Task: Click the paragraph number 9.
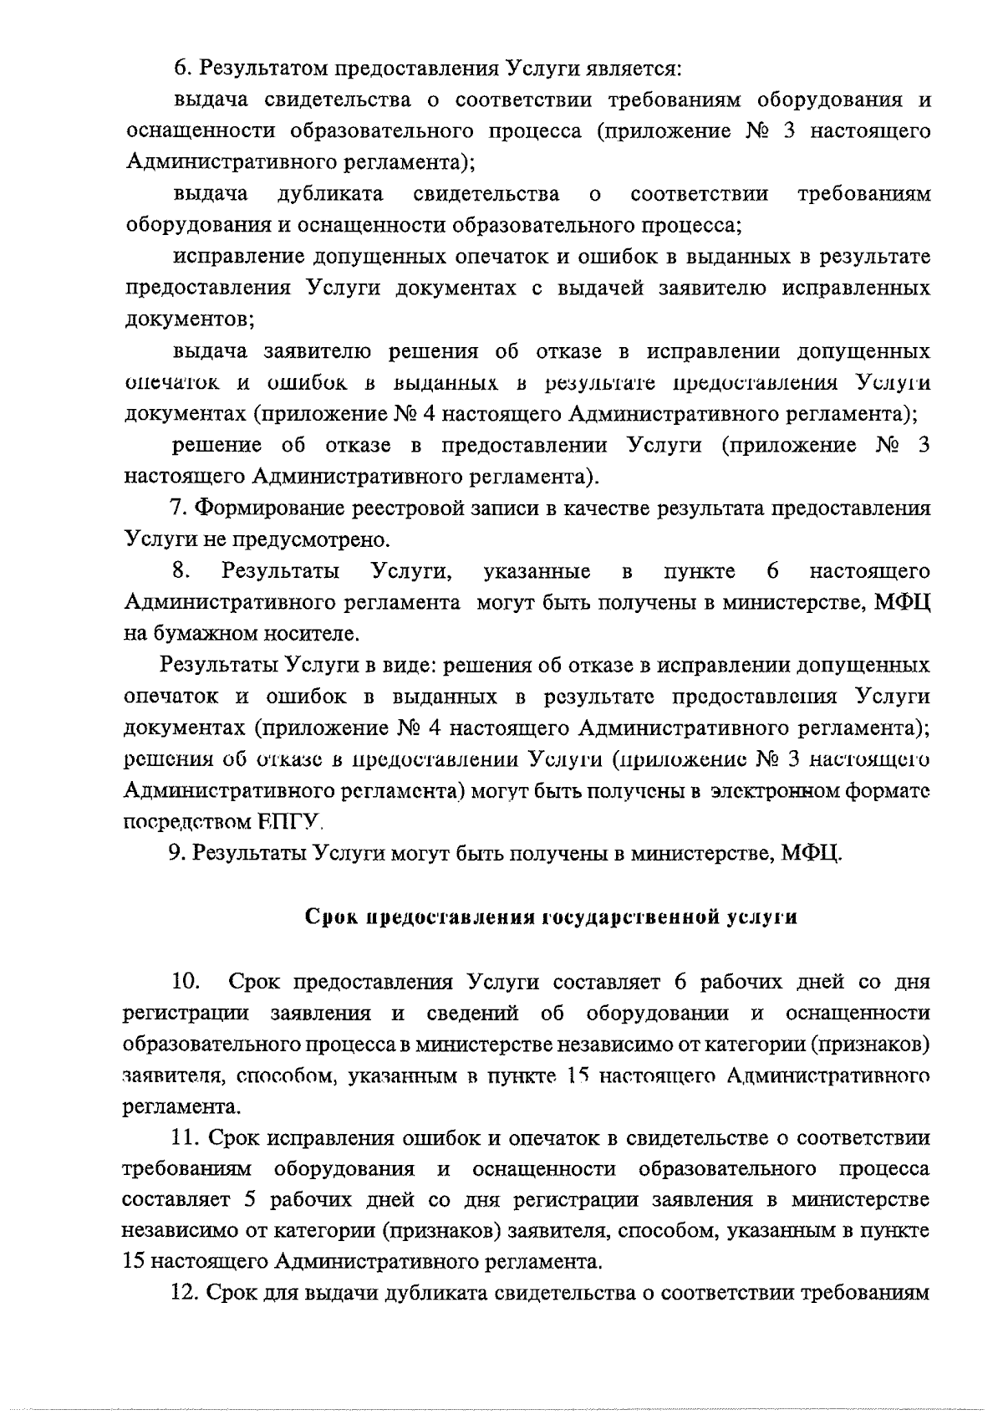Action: click(176, 854)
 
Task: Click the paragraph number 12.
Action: click(183, 1294)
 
